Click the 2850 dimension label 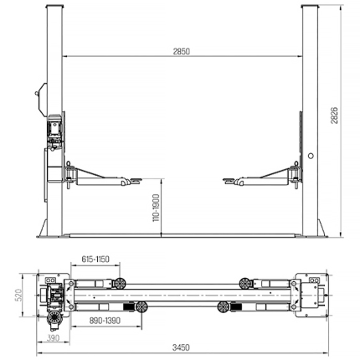[x=181, y=51]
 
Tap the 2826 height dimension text [x=334, y=115]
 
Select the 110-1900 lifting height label [x=157, y=208]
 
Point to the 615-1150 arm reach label [x=95, y=260]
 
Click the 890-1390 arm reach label [x=105, y=321]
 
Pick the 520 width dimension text [x=19, y=295]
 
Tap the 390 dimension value [x=53, y=338]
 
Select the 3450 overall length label [x=181, y=347]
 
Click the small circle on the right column [x=311, y=156]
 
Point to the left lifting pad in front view [x=135, y=179]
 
